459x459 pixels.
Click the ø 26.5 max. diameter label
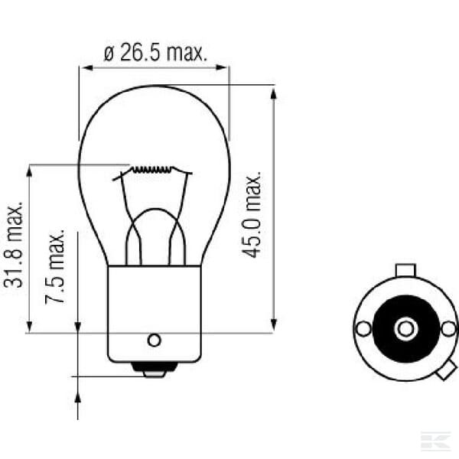(155, 52)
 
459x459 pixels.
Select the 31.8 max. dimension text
(13, 245)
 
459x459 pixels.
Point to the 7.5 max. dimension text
(55, 265)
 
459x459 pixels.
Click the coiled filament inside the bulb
(151, 169)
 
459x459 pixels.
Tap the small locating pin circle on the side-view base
(154, 340)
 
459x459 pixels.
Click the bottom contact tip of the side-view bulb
(155, 373)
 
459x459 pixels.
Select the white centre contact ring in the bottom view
(406, 329)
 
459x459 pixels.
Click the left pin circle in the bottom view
(363, 328)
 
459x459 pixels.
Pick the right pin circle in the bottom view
(449, 328)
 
